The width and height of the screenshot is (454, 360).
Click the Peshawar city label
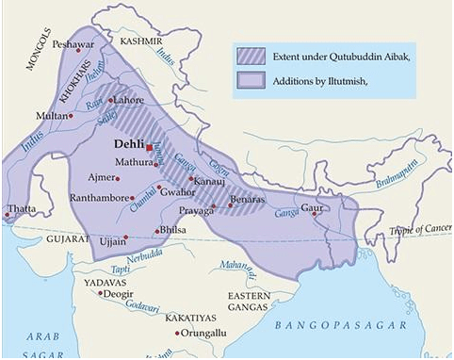click(73, 44)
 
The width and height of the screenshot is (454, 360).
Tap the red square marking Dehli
click(148, 148)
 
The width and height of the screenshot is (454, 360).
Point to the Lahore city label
click(130, 99)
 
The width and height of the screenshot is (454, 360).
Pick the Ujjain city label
click(113, 242)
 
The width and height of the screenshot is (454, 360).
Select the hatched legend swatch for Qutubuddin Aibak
click(251, 57)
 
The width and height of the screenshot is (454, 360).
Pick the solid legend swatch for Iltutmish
click(251, 82)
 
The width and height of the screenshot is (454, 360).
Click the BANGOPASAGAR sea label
click(341, 325)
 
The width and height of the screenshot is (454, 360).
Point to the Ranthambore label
click(103, 198)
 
